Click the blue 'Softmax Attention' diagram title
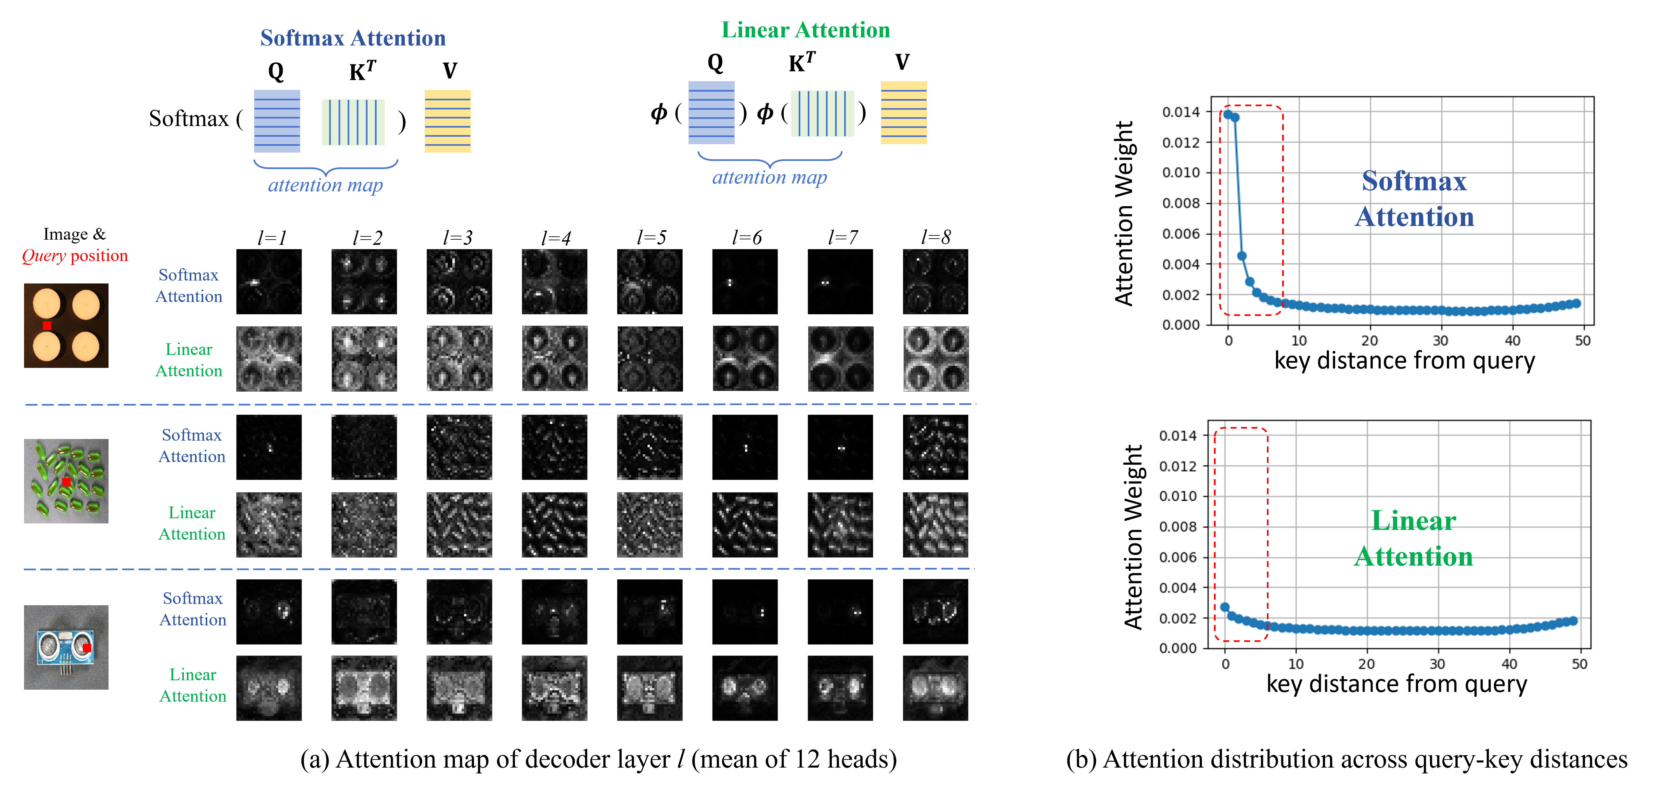(353, 38)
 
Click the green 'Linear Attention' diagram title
(805, 30)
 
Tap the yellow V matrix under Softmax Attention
(447, 121)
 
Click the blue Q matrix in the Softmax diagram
(277, 121)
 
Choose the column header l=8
(936, 237)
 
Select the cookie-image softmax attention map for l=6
(745, 282)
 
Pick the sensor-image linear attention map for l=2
(364, 688)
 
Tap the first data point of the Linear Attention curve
(1225, 607)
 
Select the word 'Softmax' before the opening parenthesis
(188, 119)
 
